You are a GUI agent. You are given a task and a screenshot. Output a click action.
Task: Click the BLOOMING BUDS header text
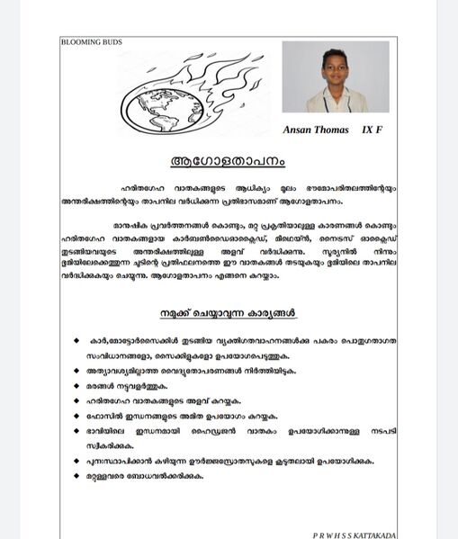pyautogui.click(x=91, y=42)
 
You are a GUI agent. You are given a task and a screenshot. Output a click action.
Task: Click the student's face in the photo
pyautogui.click(x=335, y=70)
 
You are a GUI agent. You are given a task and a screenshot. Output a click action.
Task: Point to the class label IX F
pyautogui.click(x=372, y=130)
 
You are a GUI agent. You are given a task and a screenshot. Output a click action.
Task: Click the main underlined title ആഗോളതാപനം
pyautogui.click(x=228, y=162)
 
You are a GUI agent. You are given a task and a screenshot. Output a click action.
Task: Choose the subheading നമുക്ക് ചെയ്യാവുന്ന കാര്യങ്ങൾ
pyautogui.click(x=229, y=313)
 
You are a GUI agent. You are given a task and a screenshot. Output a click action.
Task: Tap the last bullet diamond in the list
pyautogui.click(x=76, y=476)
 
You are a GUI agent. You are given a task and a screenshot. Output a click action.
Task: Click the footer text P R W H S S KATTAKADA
pyautogui.click(x=354, y=535)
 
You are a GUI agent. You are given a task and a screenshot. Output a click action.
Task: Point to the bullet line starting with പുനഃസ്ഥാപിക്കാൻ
pyautogui.click(x=229, y=461)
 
